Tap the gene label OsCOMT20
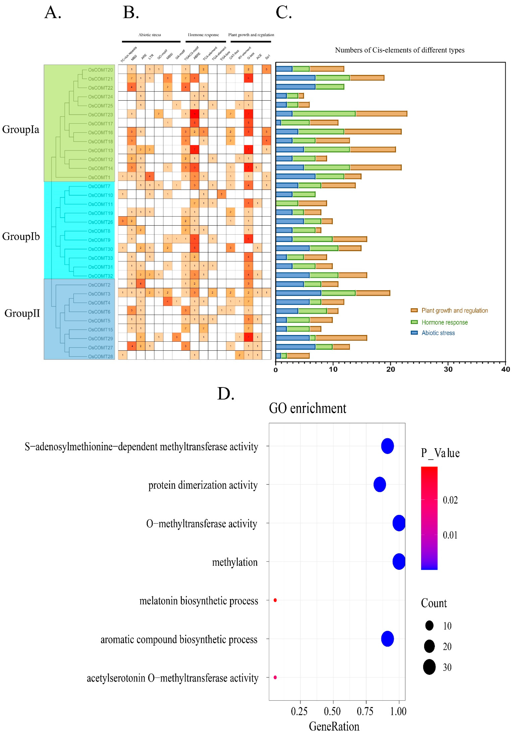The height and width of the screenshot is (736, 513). click(100, 70)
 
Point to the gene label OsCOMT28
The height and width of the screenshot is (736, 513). click(100, 356)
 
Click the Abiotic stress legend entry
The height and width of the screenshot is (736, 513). click(438, 333)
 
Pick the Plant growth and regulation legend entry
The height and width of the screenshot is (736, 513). click(454, 310)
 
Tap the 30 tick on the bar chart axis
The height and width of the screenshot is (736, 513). click(448, 369)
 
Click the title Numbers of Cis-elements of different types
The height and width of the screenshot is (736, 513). click(400, 50)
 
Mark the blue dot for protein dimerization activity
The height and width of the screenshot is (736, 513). click(379, 484)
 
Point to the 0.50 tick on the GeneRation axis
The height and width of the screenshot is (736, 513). click(332, 711)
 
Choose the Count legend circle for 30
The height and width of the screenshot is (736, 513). click(429, 667)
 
